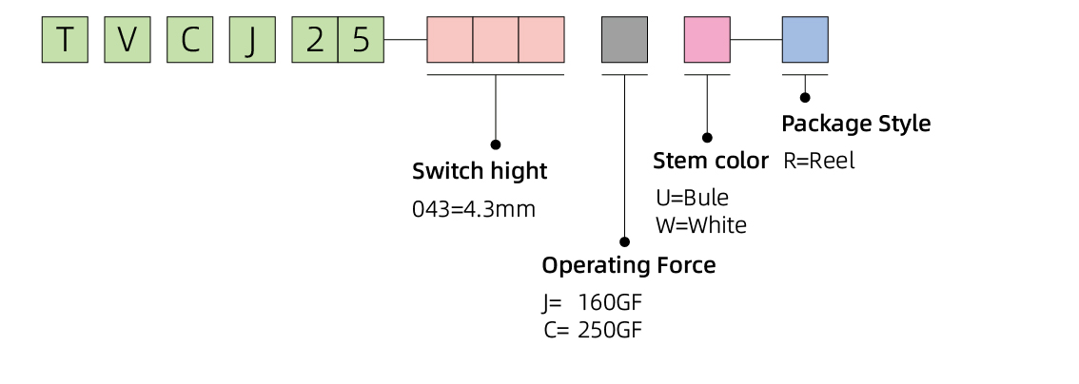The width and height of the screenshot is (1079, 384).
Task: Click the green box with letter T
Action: point(65,40)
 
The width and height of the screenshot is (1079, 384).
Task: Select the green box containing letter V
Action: point(128,40)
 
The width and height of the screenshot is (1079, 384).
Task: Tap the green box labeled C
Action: point(190,40)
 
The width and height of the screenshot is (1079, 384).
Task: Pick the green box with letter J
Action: point(252,40)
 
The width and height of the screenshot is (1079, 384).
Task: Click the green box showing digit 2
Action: point(315,40)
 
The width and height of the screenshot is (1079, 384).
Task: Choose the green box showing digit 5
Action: point(361,40)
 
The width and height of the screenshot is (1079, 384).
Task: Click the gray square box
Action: point(624,40)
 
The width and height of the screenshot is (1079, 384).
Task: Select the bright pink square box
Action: point(707,40)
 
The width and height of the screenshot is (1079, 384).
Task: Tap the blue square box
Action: point(805,40)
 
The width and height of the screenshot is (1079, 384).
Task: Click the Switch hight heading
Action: point(480,172)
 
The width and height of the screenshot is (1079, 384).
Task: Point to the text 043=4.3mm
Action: point(474,209)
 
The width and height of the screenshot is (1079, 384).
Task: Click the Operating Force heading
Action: point(628,265)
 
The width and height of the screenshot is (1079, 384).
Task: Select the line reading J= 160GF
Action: point(591,304)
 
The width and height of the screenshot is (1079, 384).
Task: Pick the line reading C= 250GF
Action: point(592,331)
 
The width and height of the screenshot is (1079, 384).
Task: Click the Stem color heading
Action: point(710,161)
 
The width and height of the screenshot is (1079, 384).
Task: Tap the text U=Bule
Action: point(692,198)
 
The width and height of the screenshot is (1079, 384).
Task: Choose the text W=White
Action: point(701,225)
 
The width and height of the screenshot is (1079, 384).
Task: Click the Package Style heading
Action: point(855,124)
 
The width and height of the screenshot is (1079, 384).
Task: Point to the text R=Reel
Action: point(819,161)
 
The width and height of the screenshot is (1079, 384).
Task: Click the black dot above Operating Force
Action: point(625,242)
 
